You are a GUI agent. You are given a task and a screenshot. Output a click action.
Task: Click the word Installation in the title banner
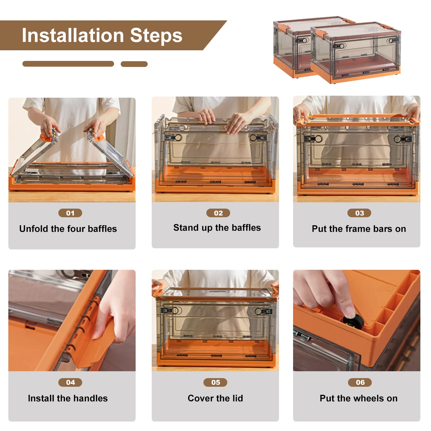(73, 35)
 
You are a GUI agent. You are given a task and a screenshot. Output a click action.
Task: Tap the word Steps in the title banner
(156, 36)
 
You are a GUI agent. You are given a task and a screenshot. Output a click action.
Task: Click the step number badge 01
(70, 213)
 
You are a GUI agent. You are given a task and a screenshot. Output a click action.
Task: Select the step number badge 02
(218, 213)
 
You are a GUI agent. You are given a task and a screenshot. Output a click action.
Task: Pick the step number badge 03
(359, 213)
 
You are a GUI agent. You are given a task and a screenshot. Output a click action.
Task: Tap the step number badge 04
(70, 382)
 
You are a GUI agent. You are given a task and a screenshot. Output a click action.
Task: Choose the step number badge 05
(215, 382)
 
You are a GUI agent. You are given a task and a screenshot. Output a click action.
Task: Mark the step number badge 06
(360, 382)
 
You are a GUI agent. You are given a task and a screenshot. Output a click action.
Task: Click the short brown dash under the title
(134, 64)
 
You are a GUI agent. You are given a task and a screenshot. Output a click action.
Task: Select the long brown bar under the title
(68, 64)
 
